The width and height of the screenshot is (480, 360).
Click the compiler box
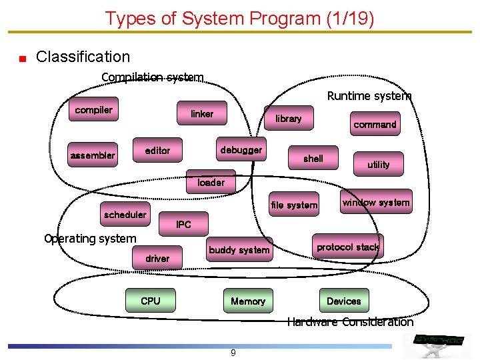click(x=93, y=110)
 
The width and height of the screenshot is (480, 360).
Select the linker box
click(x=201, y=114)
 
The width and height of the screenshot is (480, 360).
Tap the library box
click(x=289, y=118)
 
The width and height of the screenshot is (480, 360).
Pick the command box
click(x=375, y=124)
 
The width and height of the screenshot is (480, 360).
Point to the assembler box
click(x=93, y=156)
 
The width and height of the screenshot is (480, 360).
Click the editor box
click(x=157, y=151)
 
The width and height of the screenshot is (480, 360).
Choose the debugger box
click(x=241, y=150)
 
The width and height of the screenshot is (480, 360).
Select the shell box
click(x=313, y=159)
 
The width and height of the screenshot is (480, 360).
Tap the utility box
click(x=378, y=164)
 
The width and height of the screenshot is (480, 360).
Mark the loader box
click(x=211, y=182)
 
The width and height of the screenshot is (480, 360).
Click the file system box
click(x=294, y=205)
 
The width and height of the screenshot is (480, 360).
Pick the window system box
click(x=376, y=202)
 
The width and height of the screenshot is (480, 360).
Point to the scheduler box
click(x=125, y=215)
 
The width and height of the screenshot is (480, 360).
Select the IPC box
click(x=183, y=225)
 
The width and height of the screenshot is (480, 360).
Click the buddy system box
click(x=239, y=250)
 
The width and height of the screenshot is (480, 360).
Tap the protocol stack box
click(x=347, y=247)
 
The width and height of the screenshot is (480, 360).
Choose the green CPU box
click(x=151, y=301)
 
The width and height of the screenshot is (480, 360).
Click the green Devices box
click(x=343, y=301)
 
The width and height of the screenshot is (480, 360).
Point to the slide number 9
click(x=233, y=353)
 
